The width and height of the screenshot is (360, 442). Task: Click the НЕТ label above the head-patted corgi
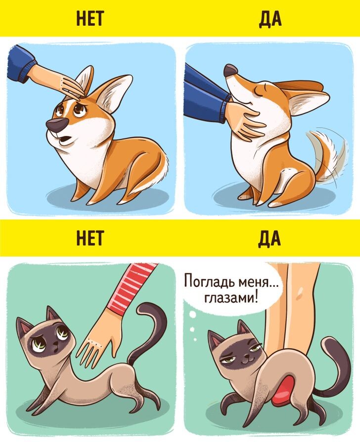(90, 18)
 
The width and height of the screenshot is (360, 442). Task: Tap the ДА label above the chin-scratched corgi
(270, 18)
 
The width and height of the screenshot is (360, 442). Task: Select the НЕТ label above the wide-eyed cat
(90, 238)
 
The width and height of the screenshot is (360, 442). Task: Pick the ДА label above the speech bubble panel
(270, 238)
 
